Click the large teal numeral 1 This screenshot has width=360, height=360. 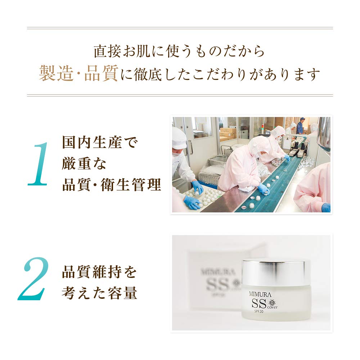[39, 164]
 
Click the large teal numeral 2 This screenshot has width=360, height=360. [34, 279]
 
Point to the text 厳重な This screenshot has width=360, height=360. [85, 164]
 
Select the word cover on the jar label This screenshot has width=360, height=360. [273, 307]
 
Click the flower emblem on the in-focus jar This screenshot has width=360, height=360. [272, 301]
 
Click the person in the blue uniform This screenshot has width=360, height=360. [300, 126]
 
